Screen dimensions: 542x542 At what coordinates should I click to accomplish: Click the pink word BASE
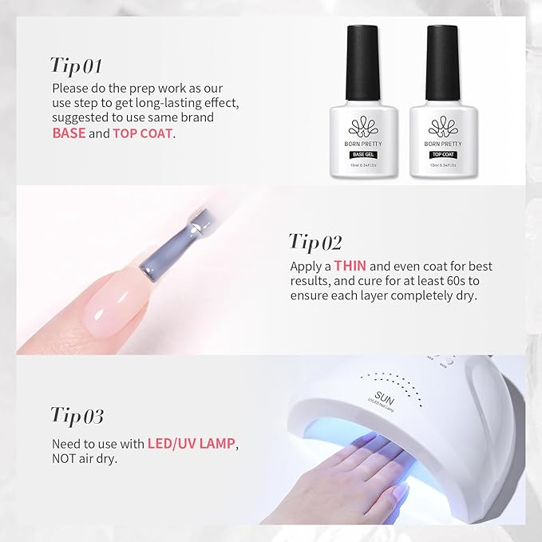point(69,133)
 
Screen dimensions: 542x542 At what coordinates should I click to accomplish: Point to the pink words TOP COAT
point(143,133)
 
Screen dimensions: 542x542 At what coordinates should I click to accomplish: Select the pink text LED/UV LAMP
point(196,443)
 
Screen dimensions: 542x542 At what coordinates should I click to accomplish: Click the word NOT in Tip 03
point(66,460)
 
